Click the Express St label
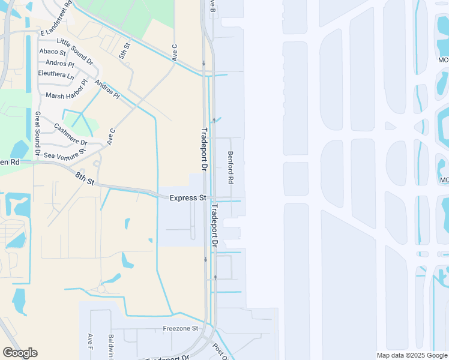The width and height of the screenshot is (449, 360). point(188,198)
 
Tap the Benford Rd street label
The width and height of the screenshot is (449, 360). point(230,167)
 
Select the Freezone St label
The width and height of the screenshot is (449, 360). point(180,329)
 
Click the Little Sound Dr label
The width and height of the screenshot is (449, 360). point(75,52)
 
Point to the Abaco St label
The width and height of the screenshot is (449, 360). point(52,52)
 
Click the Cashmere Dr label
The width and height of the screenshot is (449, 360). point(70,135)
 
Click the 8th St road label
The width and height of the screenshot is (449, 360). point(85,178)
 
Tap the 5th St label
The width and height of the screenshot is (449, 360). point(124,50)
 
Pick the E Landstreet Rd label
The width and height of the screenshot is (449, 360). point(55,21)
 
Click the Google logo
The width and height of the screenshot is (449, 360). point(20,353)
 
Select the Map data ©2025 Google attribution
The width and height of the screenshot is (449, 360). point(412,355)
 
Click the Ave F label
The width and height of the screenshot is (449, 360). point(90,343)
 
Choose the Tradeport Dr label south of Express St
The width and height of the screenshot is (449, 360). point(214,226)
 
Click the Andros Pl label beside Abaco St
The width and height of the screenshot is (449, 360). point(59,63)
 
